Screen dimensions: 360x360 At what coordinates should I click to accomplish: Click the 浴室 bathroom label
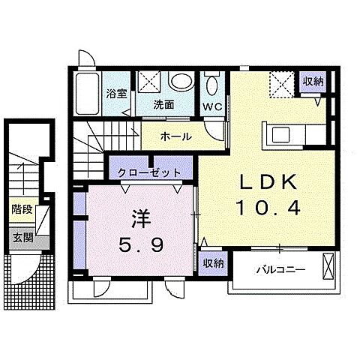click(x=115, y=94)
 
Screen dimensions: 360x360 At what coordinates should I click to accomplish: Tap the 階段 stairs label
click(x=22, y=210)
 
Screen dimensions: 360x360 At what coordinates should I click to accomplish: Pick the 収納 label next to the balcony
click(x=213, y=262)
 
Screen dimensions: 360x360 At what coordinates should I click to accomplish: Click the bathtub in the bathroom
click(x=89, y=92)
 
